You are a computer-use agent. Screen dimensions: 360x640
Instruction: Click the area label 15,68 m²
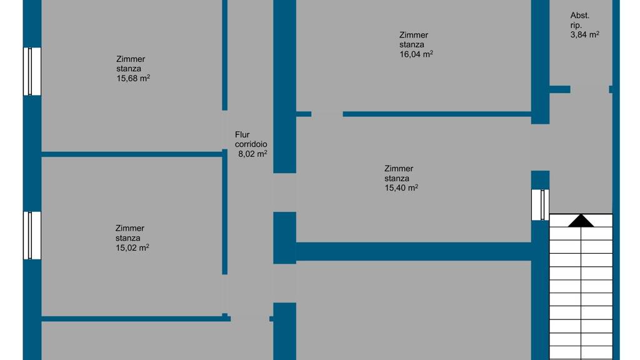click(x=132, y=78)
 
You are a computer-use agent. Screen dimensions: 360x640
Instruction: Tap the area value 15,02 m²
click(x=131, y=247)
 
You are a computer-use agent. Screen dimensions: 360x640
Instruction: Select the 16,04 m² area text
click(x=416, y=54)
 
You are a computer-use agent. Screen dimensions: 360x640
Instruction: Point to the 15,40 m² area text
click(x=401, y=187)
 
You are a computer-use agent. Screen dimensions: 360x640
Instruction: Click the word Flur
click(x=242, y=134)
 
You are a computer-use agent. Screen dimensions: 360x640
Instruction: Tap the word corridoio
click(x=251, y=144)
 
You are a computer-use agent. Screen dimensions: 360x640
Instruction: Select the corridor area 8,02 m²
click(x=252, y=153)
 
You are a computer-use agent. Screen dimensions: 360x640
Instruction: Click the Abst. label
click(x=579, y=16)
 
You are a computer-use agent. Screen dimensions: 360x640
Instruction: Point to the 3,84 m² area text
click(x=584, y=35)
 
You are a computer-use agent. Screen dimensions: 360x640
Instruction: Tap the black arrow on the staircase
click(x=581, y=221)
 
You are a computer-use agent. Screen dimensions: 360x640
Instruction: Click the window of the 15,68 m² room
click(x=32, y=71)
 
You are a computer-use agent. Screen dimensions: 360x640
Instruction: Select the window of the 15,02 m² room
click(x=32, y=235)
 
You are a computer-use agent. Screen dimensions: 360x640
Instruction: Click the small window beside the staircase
click(x=540, y=204)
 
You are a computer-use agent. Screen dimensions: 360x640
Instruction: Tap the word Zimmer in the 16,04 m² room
click(x=414, y=35)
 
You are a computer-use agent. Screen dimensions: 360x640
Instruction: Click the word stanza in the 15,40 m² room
click(x=397, y=178)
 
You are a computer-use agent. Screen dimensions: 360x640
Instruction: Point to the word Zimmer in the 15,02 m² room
click(x=129, y=229)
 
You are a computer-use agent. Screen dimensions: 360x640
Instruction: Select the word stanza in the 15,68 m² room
click(x=128, y=69)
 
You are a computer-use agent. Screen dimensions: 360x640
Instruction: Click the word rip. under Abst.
click(x=576, y=25)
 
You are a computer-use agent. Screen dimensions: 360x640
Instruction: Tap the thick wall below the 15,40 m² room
click(x=412, y=251)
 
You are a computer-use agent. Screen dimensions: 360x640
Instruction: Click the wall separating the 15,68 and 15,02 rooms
click(x=131, y=154)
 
